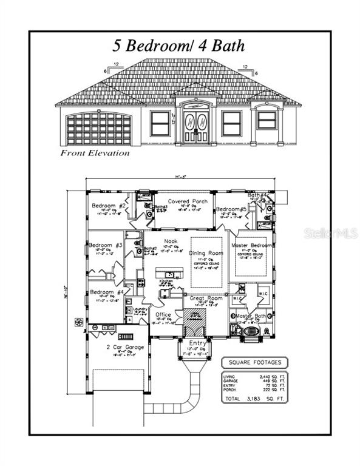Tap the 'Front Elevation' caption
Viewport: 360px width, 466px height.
point(95,153)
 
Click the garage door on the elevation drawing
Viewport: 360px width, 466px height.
point(99,129)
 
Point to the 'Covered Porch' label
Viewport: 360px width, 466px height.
point(188,201)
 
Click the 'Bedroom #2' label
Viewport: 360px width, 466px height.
point(109,206)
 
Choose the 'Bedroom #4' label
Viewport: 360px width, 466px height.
point(107,292)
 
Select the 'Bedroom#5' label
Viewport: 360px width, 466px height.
point(231,209)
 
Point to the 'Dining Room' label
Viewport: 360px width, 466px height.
point(207,252)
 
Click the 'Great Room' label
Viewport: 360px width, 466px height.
point(207,298)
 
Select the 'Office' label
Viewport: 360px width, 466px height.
point(163,314)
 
